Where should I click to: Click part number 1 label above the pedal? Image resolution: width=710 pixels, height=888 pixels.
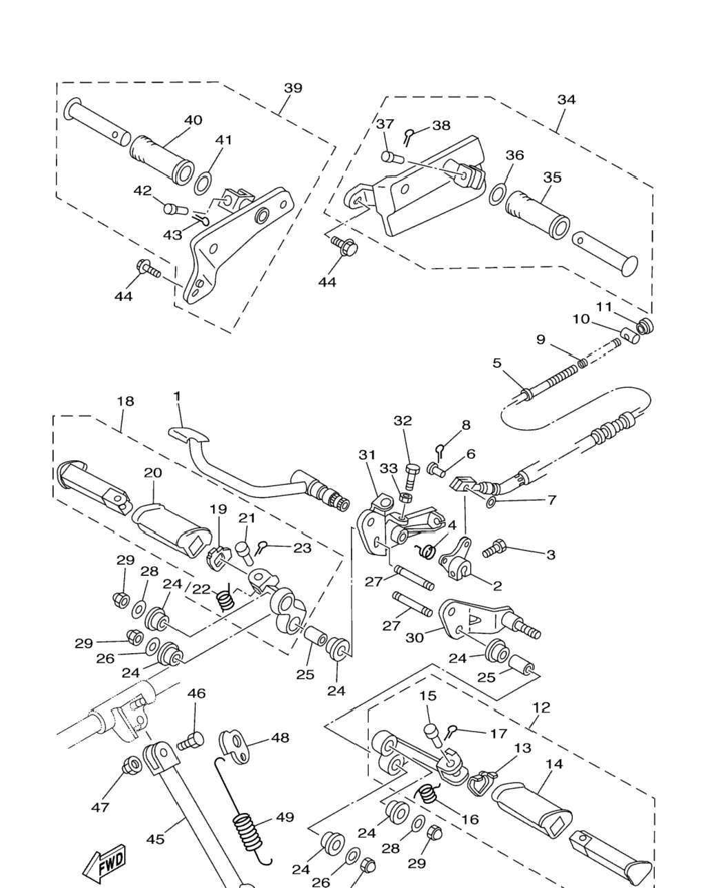pyautogui.click(x=177, y=396)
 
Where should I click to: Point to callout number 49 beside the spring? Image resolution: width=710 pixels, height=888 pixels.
pyautogui.click(x=285, y=817)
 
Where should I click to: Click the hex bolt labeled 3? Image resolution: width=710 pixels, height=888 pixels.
pyautogui.click(x=494, y=550)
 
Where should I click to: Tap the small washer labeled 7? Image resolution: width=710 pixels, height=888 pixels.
pyautogui.click(x=491, y=502)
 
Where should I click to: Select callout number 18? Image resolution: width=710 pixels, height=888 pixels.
pyautogui.click(x=125, y=401)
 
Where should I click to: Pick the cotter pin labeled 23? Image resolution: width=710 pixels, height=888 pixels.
pyautogui.click(x=262, y=548)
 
